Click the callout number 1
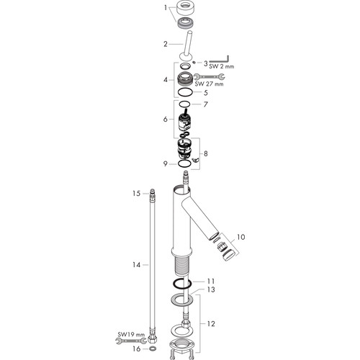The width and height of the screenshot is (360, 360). [x=166, y=8]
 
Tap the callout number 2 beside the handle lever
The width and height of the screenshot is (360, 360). [x=166, y=44]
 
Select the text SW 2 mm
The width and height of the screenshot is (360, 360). [x=221, y=66]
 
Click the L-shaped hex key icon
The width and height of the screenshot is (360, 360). [x=219, y=59]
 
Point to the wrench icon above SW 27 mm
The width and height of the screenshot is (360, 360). [x=210, y=77]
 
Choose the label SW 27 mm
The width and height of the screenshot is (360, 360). [x=209, y=84]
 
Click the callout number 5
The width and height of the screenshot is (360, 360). [x=206, y=93]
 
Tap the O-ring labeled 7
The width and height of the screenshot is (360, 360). [x=185, y=104]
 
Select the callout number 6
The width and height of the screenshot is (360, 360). [x=166, y=119]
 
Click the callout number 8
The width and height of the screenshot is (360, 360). [x=206, y=153]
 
